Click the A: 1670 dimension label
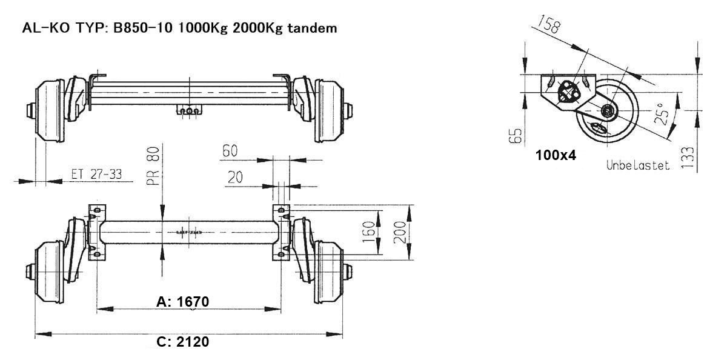click(x=183, y=301)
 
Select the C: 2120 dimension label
click(x=183, y=342)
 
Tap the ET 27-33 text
click(x=96, y=174)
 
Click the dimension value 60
click(x=230, y=152)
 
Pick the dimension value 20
click(x=236, y=177)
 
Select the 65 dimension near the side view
click(x=516, y=134)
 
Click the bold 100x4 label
click(x=556, y=155)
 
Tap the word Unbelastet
click(x=638, y=165)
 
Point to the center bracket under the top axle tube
click(x=190, y=110)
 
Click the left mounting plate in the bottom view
click(x=96, y=233)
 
